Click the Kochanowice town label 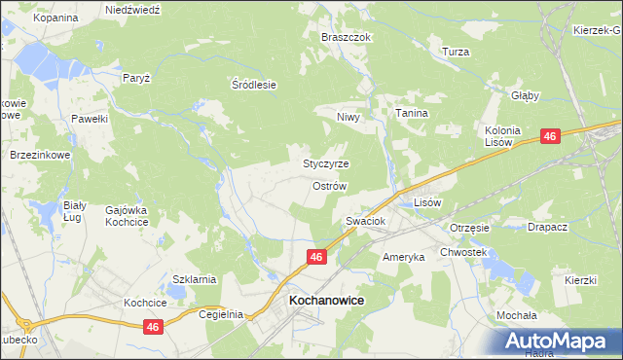point(326,302)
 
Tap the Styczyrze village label point(326,163)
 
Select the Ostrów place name point(329,185)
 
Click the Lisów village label point(428,202)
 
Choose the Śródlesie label point(254,85)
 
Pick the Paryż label point(135,77)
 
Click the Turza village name point(456,52)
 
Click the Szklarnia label point(194,279)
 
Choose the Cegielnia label point(219,315)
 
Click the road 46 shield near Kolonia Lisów point(550,137)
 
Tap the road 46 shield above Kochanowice point(316,257)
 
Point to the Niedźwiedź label point(132,9)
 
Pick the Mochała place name point(517,316)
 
